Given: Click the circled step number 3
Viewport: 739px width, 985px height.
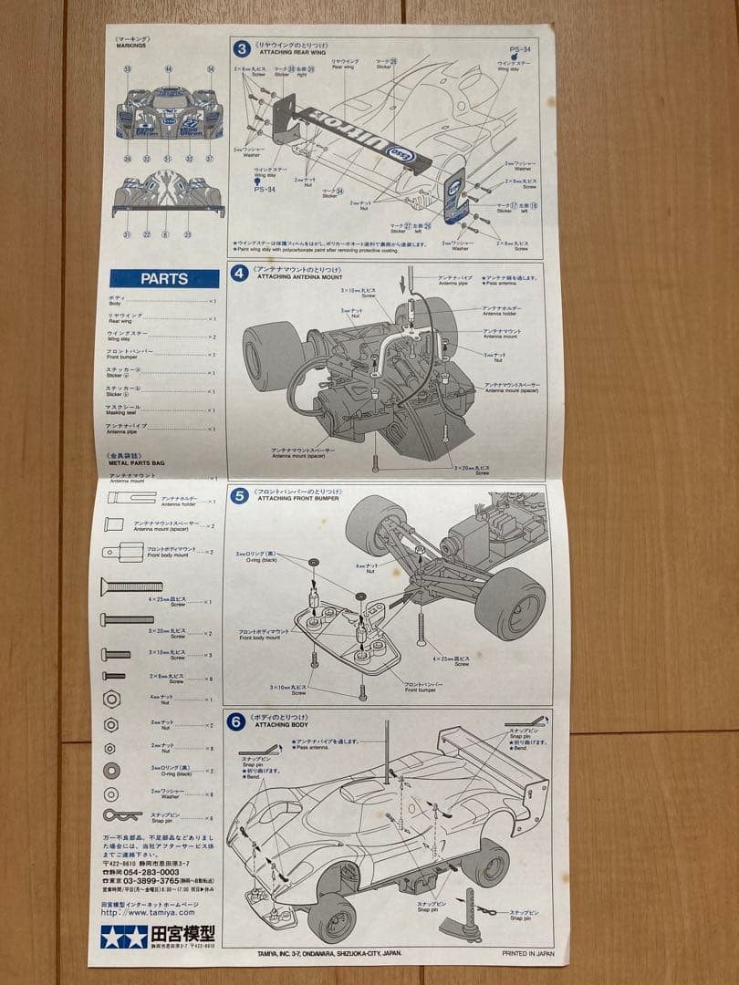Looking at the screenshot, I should (242, 49).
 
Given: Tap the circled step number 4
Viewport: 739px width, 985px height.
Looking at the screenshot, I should (239, 273).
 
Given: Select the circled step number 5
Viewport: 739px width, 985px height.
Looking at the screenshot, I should (239, 497).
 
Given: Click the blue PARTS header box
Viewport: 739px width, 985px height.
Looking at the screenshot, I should (164, 278).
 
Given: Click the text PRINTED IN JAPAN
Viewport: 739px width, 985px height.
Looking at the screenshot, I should (527, 953).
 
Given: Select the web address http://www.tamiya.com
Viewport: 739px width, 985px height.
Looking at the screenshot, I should (148, 911).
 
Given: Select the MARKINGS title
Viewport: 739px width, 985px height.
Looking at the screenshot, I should (131, 45).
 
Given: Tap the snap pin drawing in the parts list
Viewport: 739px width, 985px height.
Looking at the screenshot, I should (121, 814).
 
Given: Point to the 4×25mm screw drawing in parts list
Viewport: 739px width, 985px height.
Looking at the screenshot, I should (131, 586).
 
